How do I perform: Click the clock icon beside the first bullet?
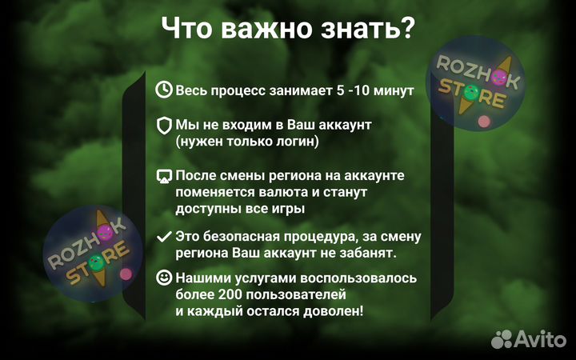164,90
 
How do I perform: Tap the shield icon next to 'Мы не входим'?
164,126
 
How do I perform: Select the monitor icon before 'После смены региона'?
164,175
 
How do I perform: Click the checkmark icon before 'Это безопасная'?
164,237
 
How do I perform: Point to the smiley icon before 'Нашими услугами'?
164,278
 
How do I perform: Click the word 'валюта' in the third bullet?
277,192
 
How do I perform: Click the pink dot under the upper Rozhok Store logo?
483,122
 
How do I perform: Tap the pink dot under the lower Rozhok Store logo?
126,274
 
